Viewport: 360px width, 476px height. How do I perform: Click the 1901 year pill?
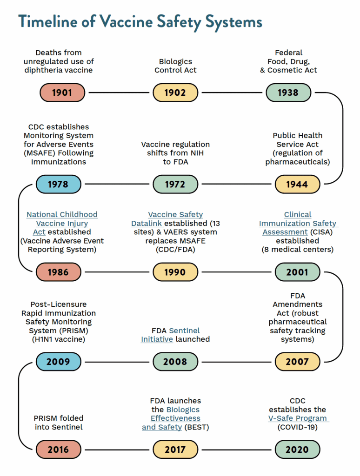tap(62, 93)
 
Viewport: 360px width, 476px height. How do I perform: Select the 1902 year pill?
tap(175, 93)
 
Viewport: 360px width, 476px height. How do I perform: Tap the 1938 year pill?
tap(288, 93)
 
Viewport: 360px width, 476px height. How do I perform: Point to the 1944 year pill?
tap(297, 184)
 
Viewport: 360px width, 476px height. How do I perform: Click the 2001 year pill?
tap(297, 272)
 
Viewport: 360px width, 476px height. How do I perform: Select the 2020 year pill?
tap(297, 450)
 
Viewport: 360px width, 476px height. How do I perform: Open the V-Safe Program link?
tap(298, 418)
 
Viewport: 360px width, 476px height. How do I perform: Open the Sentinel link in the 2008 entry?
tap(184, 331)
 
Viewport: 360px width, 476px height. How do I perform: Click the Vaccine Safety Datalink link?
tap(175, 214)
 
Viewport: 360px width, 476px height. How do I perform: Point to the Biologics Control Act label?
tap(175, 66)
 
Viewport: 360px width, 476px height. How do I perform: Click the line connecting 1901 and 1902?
tap(119, 93)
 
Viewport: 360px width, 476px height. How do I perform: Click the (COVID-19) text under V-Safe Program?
tap(298, 427)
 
